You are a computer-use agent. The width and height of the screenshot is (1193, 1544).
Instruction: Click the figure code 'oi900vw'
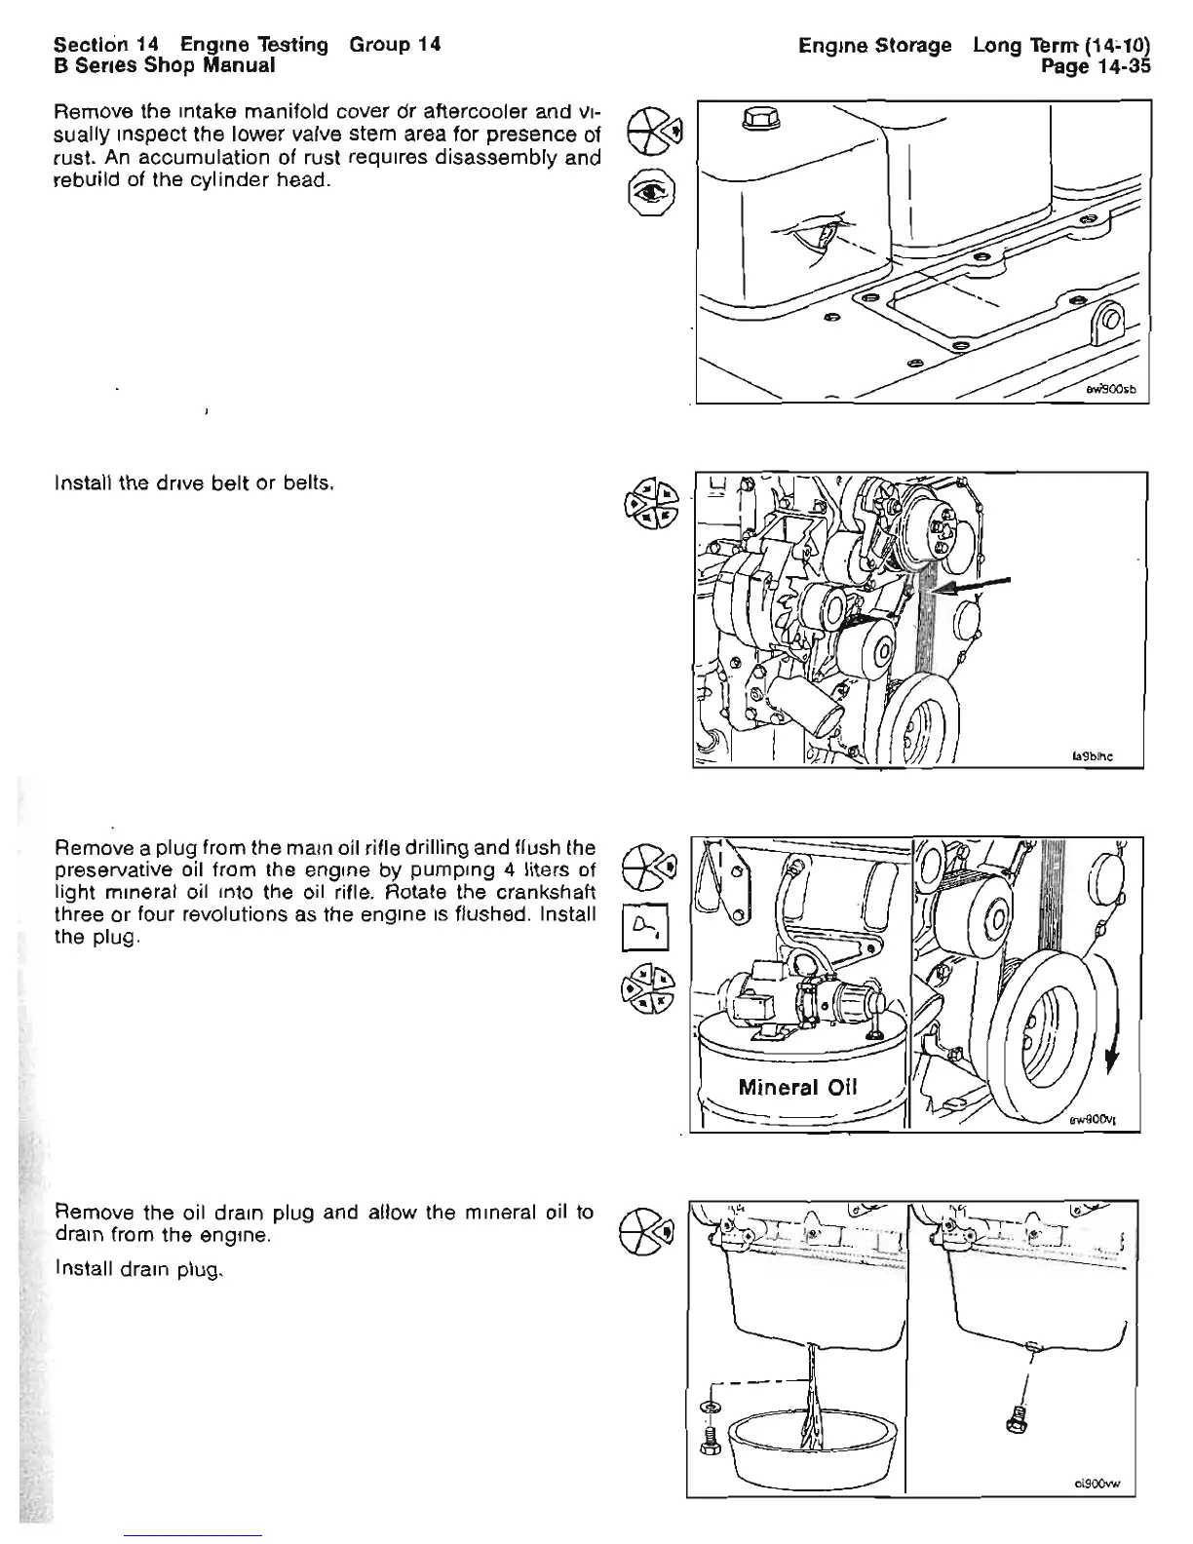tap(1100, 1512)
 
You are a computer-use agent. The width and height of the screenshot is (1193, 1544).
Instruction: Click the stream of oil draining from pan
tap(810, 1394)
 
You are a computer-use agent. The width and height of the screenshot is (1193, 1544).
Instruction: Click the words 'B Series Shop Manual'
tap(165, 65)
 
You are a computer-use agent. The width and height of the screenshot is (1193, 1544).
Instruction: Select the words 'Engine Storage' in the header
tap(873, 46)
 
